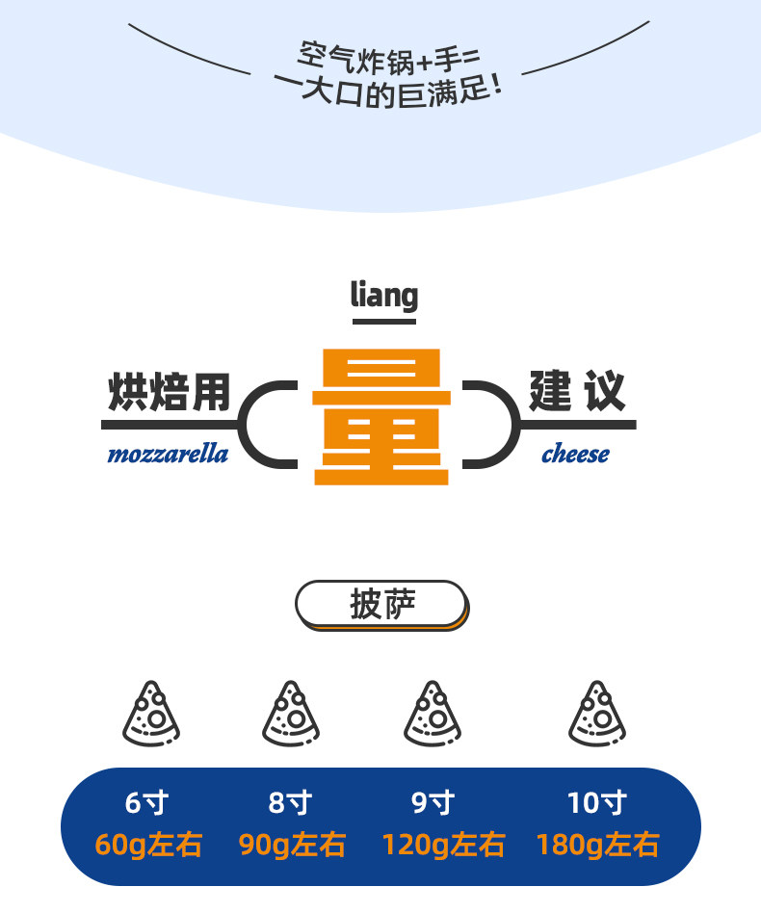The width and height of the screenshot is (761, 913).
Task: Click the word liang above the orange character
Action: (x=383, y=295)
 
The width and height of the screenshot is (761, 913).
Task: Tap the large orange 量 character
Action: (x=380, y=416)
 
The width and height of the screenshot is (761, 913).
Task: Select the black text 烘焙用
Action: (x=169, y=393)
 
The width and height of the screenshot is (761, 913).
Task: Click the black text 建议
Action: (x=577, y=391)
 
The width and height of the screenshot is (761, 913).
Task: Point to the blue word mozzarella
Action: (x=168, y=454)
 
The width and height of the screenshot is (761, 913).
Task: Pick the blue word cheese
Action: (x=575, y=454)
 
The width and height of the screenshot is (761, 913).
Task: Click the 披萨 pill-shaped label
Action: (x=381, y=605)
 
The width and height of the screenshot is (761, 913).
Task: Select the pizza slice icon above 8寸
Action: (x=292, y=714)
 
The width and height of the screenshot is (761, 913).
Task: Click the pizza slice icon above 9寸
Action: (x=433, y=714)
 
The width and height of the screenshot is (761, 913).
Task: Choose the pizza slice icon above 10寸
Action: (x=597, y=714)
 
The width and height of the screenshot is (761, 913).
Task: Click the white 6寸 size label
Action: (x=147, y=802)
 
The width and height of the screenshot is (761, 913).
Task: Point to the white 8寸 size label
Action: (x=291, y=802)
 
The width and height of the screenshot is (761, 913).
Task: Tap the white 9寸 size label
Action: (x=433, y=802)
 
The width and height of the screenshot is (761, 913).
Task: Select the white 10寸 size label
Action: (x=597, y=802)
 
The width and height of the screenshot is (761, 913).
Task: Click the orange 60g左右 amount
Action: (x=148, y=846)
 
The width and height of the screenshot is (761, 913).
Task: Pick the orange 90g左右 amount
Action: (x=292, y=846)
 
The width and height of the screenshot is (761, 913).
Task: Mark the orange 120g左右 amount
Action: (x=443, y=846)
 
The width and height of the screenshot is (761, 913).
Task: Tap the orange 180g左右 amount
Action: (x=597, y=846)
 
